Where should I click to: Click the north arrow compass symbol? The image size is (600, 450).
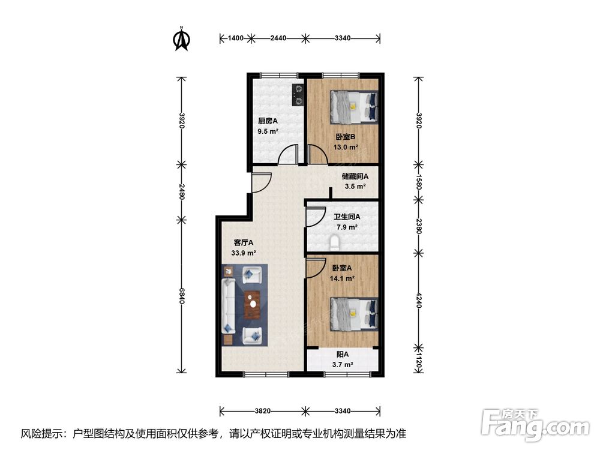[x=182, y=39]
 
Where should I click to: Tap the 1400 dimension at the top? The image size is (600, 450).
[x=236, y=38]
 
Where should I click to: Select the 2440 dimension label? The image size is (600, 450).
[x=278, y=38]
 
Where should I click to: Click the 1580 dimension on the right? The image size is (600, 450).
[x=419, y=182]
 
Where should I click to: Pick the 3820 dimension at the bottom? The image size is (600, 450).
[x=263, y=411]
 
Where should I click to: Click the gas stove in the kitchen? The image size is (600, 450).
[x=298, y=95]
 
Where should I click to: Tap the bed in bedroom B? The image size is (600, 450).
[x=355, y=107]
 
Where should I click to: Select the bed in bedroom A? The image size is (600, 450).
[x=355, y=314]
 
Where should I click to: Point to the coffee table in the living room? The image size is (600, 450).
[x=252, y=305]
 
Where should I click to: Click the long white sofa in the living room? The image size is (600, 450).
[x=228, y=306]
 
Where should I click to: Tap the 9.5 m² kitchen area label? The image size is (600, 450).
[x=268, y=131]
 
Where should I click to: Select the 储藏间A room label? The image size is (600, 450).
[x=355, y=176]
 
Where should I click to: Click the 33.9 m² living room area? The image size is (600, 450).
[x=244, y=253]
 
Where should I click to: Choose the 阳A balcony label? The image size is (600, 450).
[x=343, y=355]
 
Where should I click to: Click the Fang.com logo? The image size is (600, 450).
[x=535, y=424]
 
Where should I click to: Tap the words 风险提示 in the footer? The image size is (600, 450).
[x=42, y=434]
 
